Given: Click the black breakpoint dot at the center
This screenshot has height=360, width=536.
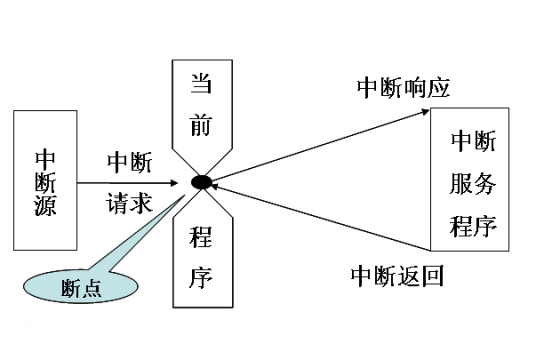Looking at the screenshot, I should point(201,182).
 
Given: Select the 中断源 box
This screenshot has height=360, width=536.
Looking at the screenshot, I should point(45,181).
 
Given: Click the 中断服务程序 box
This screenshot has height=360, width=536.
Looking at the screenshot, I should point(469,181).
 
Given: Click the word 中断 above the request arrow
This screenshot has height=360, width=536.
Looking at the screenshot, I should point(129,161).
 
